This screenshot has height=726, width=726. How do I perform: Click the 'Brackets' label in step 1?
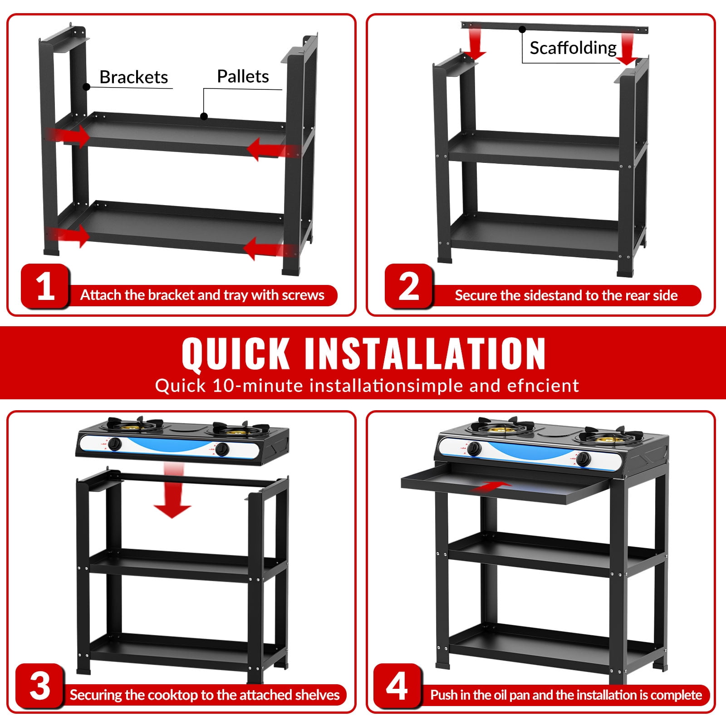[x=134, y=77]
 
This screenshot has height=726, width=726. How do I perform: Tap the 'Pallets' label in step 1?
[x=243, y=76]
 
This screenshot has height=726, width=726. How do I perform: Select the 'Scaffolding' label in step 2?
[x=573, y=48]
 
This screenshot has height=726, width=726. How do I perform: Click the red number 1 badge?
[x=45, y=286]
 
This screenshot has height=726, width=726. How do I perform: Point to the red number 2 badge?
[x=409, y=286]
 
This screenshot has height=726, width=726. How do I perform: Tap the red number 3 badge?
[x=40, y=686]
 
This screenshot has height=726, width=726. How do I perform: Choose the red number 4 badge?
[x=397, y=686]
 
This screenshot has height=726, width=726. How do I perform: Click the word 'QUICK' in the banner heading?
[x=235, y=353]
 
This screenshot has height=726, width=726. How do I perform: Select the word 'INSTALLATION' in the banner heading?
[x=425, y=353]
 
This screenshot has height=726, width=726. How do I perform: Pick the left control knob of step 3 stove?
[x=114, y=444]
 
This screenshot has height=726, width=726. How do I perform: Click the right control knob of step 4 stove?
[x=584, y=459]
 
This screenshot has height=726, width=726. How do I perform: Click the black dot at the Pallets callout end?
[x=204, y=117]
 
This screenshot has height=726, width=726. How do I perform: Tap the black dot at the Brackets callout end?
[x=86, y=87]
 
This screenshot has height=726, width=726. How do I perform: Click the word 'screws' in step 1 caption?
[x=303, y=295]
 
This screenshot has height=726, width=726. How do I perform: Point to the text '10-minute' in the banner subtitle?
[x=258, y=386]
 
